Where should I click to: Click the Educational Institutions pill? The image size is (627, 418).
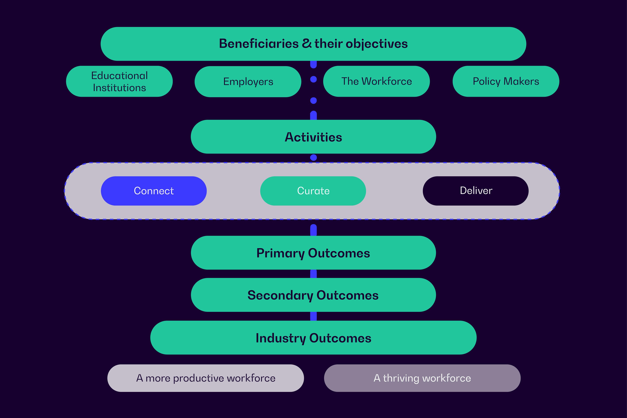coord(119,81)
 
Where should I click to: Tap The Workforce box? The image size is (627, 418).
coord(376,81)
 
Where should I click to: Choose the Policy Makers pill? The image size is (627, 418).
coord(506,81)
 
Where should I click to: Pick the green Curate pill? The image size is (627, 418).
coord(313,191)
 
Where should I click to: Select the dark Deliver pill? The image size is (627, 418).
coord(476,191)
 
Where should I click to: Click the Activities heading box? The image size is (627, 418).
coord(313,137)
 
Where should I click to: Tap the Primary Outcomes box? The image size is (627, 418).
coord(313,253)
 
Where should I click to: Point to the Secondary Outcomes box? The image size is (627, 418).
coord(313,295)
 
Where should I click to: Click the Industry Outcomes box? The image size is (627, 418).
coord(313,338)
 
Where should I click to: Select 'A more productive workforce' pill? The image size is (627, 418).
coord(206,378)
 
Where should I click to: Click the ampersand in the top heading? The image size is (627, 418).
coord(307,43)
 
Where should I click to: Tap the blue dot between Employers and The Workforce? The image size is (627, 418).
coord(313,79)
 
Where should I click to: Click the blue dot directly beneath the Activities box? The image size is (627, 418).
coord(313,158)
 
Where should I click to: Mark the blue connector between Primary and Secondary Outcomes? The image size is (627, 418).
coord(313,274)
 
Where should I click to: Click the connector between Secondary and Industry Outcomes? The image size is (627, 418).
coord(313,316)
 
